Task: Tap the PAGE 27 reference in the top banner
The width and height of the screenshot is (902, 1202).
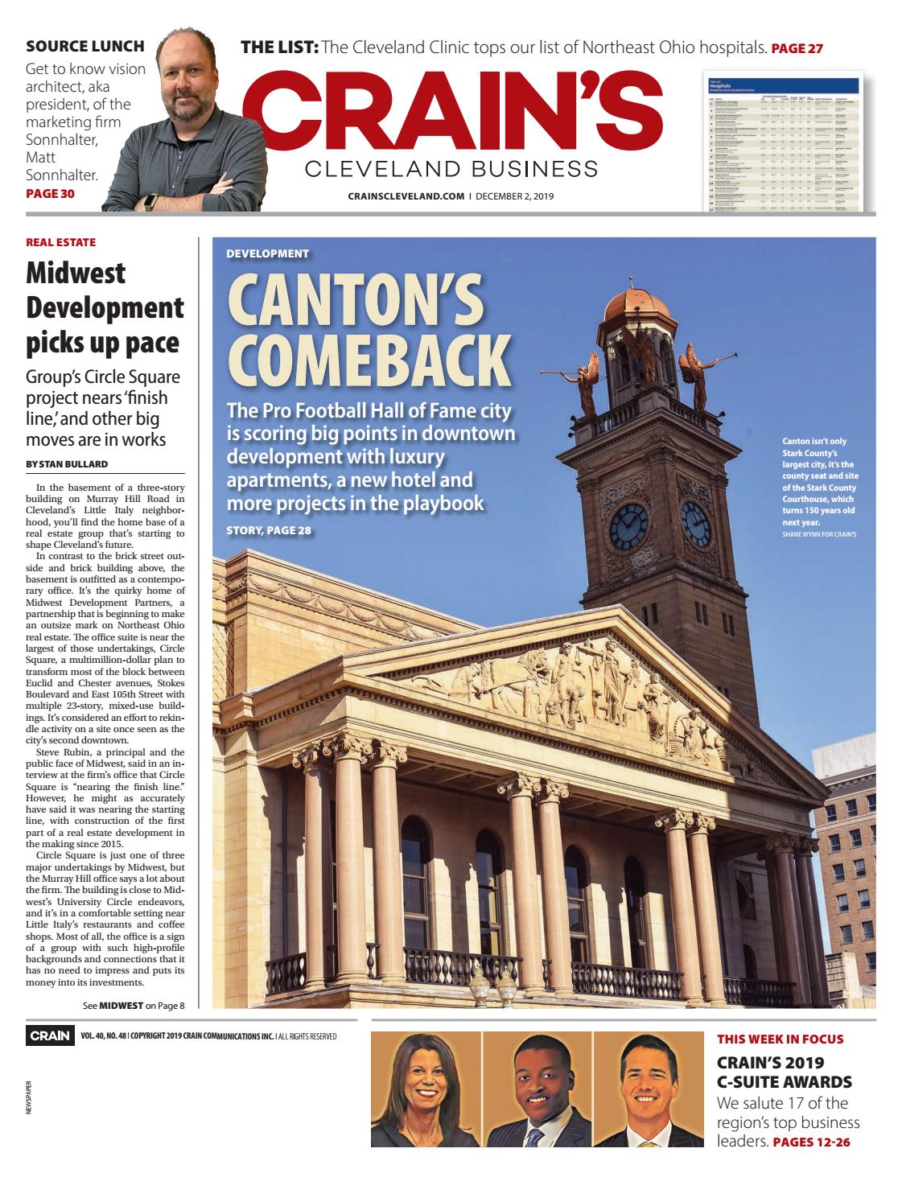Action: coord(797,48)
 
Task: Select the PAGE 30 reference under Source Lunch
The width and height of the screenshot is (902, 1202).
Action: coord(51,193)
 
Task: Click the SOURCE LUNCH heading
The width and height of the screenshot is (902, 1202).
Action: coord(85,46)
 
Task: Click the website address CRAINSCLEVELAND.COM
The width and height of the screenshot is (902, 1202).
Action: coord(406,196)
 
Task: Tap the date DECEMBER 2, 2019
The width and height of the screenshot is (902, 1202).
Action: coord(514,196)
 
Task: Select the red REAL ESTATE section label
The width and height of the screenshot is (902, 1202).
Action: coord(60,241)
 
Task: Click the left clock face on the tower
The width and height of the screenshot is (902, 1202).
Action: coord(628,524)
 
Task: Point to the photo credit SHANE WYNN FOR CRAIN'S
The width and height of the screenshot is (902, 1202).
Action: coord(819,533)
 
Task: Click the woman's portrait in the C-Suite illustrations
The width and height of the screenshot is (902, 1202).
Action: coord(425,1089)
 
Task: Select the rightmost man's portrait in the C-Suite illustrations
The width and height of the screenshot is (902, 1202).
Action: coord(648,1089)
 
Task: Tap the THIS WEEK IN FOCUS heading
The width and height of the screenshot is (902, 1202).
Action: coord(780,1039)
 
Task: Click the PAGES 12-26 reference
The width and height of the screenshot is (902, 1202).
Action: coord(810,1142)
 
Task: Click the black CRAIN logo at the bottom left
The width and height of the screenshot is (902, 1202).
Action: coord(50,1035)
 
